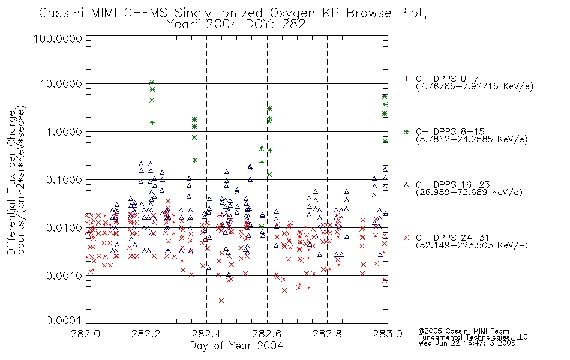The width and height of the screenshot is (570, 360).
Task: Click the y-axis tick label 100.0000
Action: pyautogui.click(x=58, y=38)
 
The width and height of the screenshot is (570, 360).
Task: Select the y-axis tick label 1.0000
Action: pyautogui.click(x=64, y=131)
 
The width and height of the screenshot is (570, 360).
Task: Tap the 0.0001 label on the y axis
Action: pyautogui.click(x=64, y=320)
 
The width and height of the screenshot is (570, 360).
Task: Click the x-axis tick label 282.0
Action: pyautogui.click(x=86, y=334)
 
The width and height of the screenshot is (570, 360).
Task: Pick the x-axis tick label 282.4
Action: pyautogui.click(x=206, y=334)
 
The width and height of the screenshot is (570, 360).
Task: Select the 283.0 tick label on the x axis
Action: pyautogui.click(x=388, y=334)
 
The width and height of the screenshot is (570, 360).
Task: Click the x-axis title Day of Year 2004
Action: pyautogui.click(x=236, y=346)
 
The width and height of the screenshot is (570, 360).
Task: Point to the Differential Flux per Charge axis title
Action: pyautogui.click(x=11, y=182)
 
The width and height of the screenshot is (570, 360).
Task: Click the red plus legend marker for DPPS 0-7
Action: pyautogui.click(x=406, y=79)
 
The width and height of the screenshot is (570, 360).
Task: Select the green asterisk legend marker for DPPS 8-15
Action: pyautogui.click(x=406, y=131)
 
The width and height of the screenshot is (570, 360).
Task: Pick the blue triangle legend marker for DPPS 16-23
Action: pyautogui.click(x=406, y=185)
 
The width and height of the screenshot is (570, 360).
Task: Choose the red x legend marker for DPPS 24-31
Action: pyautogui.click(x=406, y=238)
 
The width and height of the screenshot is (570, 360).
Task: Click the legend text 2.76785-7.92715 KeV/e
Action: pyautogui.click(x=475, y=86)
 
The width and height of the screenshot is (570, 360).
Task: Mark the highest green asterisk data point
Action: pyautogui.click(x=152, y=82)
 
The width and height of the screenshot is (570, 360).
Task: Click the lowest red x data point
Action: pyautogui.click(x=221, y=301)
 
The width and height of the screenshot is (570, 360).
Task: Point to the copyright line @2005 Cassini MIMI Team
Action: pyautogui.click(x=464, y=331)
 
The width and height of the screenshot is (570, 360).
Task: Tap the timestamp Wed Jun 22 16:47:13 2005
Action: pyautogui.click(x=467, y=343)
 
